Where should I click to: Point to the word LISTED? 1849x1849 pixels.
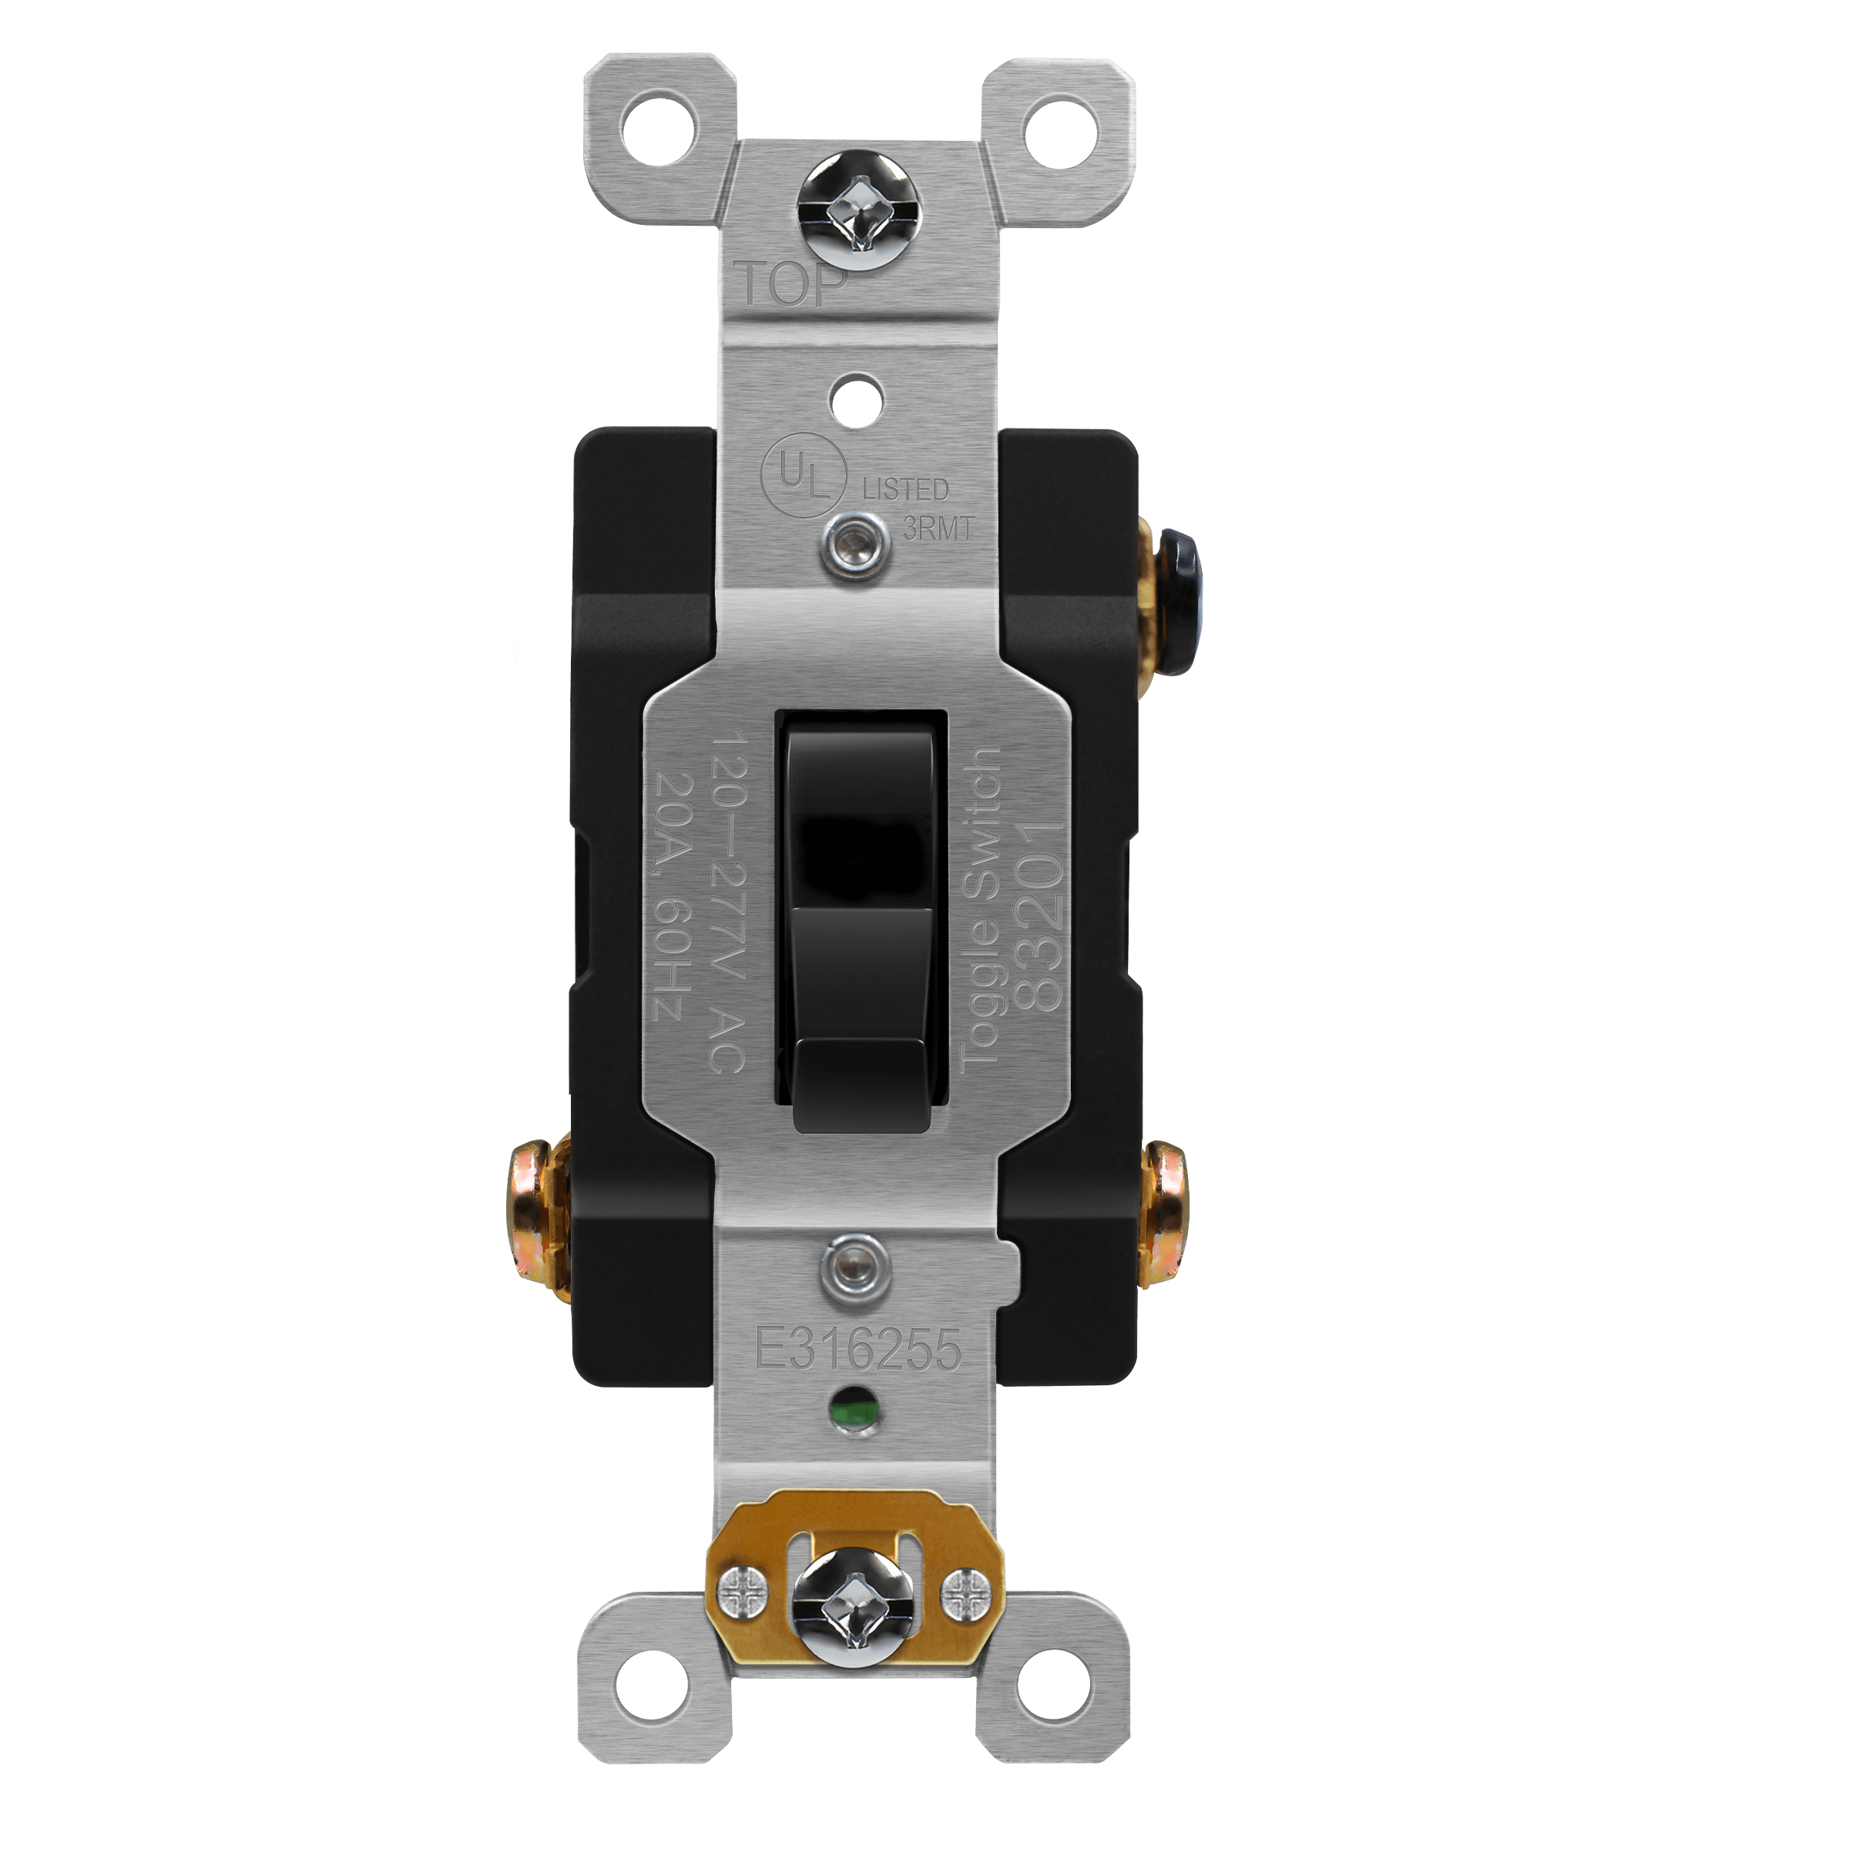point(905,490)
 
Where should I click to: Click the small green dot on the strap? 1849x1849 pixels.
point(844,1418)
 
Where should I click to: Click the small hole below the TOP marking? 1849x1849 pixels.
point(844,392)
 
